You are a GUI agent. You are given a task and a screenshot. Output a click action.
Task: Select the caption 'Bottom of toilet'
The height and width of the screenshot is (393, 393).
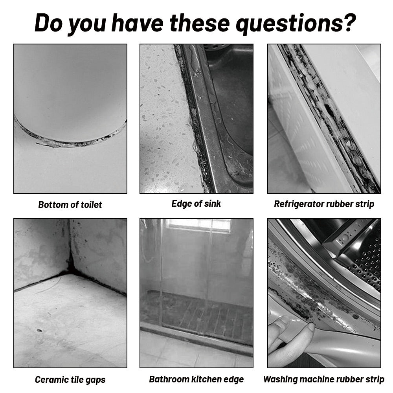pos(70,205)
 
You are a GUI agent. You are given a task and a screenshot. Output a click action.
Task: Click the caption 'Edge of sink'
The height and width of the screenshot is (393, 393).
pos(196,204)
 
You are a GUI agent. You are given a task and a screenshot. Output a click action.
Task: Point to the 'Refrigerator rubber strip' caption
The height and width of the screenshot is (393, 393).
pos(324,204)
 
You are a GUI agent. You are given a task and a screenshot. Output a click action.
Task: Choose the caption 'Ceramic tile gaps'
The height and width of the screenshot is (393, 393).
pos(70,380)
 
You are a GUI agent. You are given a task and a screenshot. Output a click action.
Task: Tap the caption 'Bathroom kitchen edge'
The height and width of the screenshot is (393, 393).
pos(196,379)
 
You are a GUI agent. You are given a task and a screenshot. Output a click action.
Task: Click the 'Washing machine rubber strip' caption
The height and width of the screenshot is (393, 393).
pos(324,379)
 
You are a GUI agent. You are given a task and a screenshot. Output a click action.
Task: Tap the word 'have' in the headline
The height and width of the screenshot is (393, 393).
pos(137,23)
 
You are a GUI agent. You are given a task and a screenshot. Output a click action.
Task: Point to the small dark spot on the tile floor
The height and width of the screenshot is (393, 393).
pos(39,331)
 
